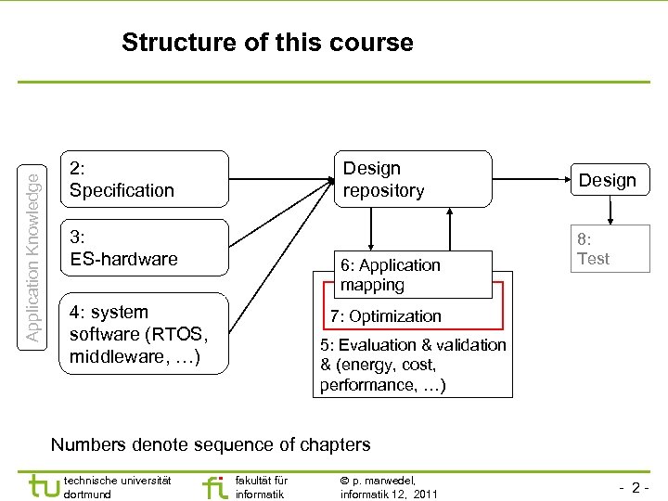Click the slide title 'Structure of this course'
267,43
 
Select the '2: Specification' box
143,179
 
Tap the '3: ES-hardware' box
143,248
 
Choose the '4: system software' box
143,334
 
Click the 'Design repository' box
412,179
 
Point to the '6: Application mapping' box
414,275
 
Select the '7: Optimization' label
386,316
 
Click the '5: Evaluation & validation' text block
412,365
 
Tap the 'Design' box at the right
608,180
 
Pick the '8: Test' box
608,250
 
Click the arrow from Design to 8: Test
610,211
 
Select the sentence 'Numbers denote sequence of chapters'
211,444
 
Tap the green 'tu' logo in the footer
44,485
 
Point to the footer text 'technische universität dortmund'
117,487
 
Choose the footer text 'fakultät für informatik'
262,487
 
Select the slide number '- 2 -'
632,487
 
